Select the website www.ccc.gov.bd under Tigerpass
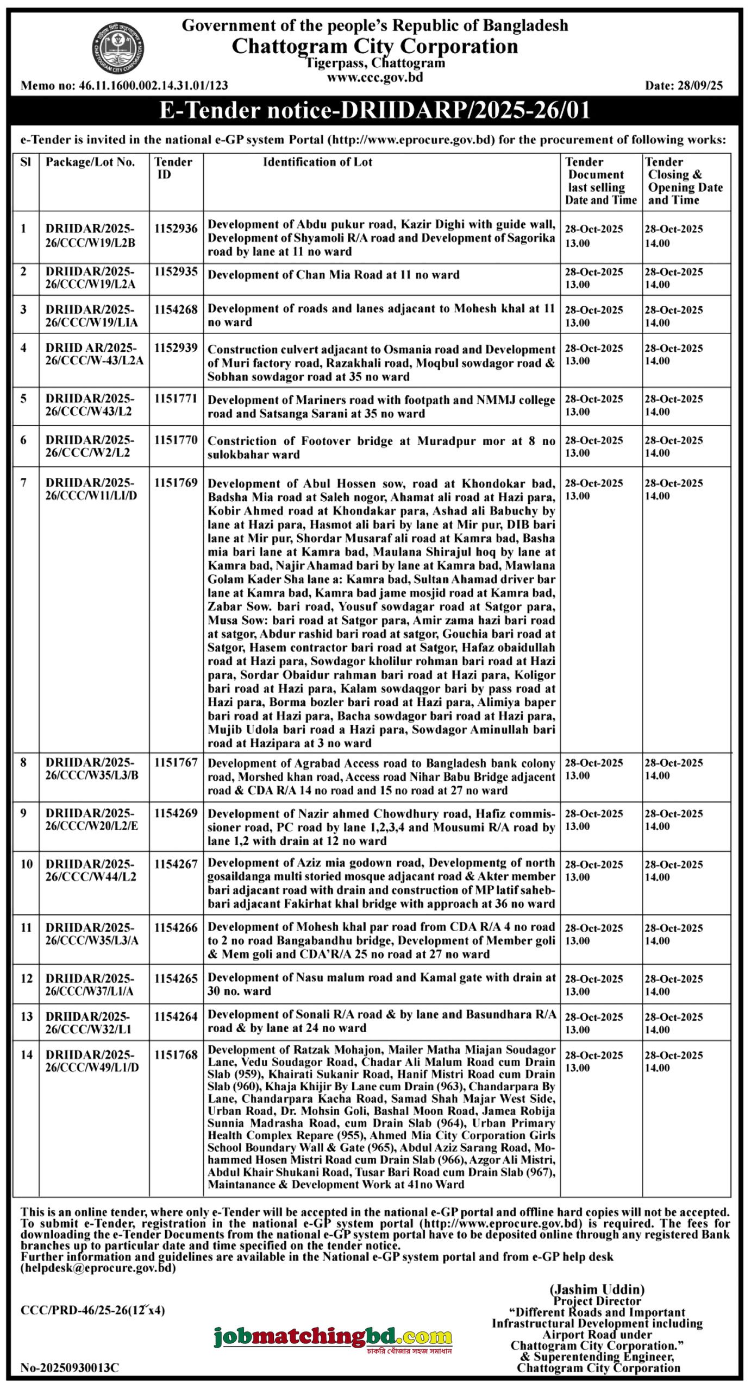click(374, 77)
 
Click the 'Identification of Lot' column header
click(317, 162)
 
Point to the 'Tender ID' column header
click(173, 168)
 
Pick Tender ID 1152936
click(176, 229)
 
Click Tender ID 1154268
click(176, 309)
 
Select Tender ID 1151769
click(176, 483)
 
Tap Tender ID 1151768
click(176, 1054)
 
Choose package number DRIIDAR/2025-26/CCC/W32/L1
click(88, 1022)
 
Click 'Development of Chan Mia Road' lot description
click(333, 275)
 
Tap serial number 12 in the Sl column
click(26, 978)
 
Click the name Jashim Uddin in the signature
click(597, 1289)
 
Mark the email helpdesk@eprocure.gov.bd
click(98, 1268)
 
